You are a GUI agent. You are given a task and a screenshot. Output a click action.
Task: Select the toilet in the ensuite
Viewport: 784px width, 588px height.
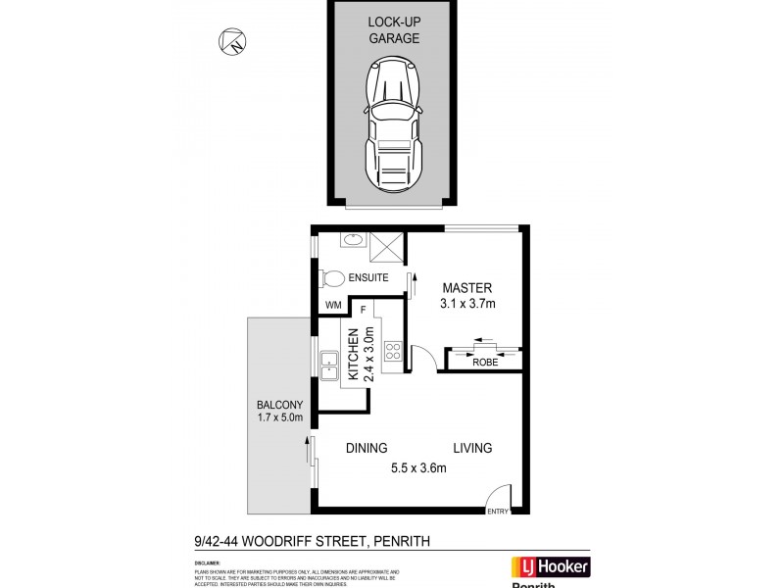tap(333, 278)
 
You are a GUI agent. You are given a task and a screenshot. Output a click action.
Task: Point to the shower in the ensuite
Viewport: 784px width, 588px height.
tap(386, 247)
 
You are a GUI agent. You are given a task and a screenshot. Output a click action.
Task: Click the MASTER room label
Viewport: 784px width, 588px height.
tap(466, 288)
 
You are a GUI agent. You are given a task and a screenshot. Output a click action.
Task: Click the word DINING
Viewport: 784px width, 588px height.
tap(367, 448)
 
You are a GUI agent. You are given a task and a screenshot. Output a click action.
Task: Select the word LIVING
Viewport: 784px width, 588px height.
tap(471, 448)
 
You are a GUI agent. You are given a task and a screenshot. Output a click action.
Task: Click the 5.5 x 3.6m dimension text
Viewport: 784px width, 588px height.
tap(419, 467)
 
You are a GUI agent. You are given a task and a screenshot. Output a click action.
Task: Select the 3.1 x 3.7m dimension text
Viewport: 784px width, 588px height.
tap(466, 304)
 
